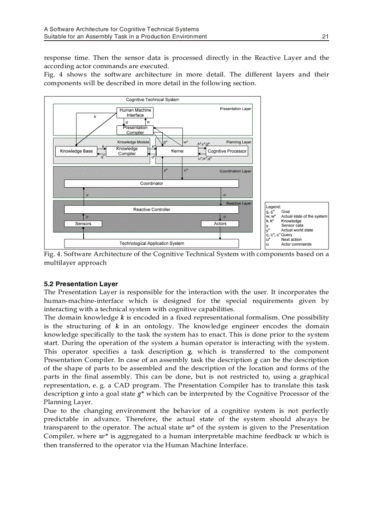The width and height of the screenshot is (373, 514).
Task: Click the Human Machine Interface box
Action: tap(135, 113)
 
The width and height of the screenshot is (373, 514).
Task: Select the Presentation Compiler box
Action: tap(135, 130)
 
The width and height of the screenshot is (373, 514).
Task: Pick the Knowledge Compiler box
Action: tap(127, 151)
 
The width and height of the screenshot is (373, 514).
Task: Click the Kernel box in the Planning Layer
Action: tap(177, 151)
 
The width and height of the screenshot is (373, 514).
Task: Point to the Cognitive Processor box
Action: tap(227, 151)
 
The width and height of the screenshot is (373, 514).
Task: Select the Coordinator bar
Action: tap(151, 183)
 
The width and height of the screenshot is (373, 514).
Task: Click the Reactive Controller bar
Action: tap(151, 210)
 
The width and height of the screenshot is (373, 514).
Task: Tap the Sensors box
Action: tap(83, 224)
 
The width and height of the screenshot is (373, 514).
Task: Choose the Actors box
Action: tap(220, 224)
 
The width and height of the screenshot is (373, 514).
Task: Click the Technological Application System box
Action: tap(151, 243)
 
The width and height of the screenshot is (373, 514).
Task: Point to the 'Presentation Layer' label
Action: tap(235, 109)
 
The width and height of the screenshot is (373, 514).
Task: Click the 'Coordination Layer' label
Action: tap(235, 171)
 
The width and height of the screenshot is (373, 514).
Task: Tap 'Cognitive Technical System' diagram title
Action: tap(153, 100)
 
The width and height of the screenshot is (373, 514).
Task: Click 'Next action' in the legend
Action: tap(291, 239)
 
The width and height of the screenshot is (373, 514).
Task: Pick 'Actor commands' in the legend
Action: tap(296, 244)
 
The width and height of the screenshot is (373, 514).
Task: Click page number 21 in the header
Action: tap(325, 37)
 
